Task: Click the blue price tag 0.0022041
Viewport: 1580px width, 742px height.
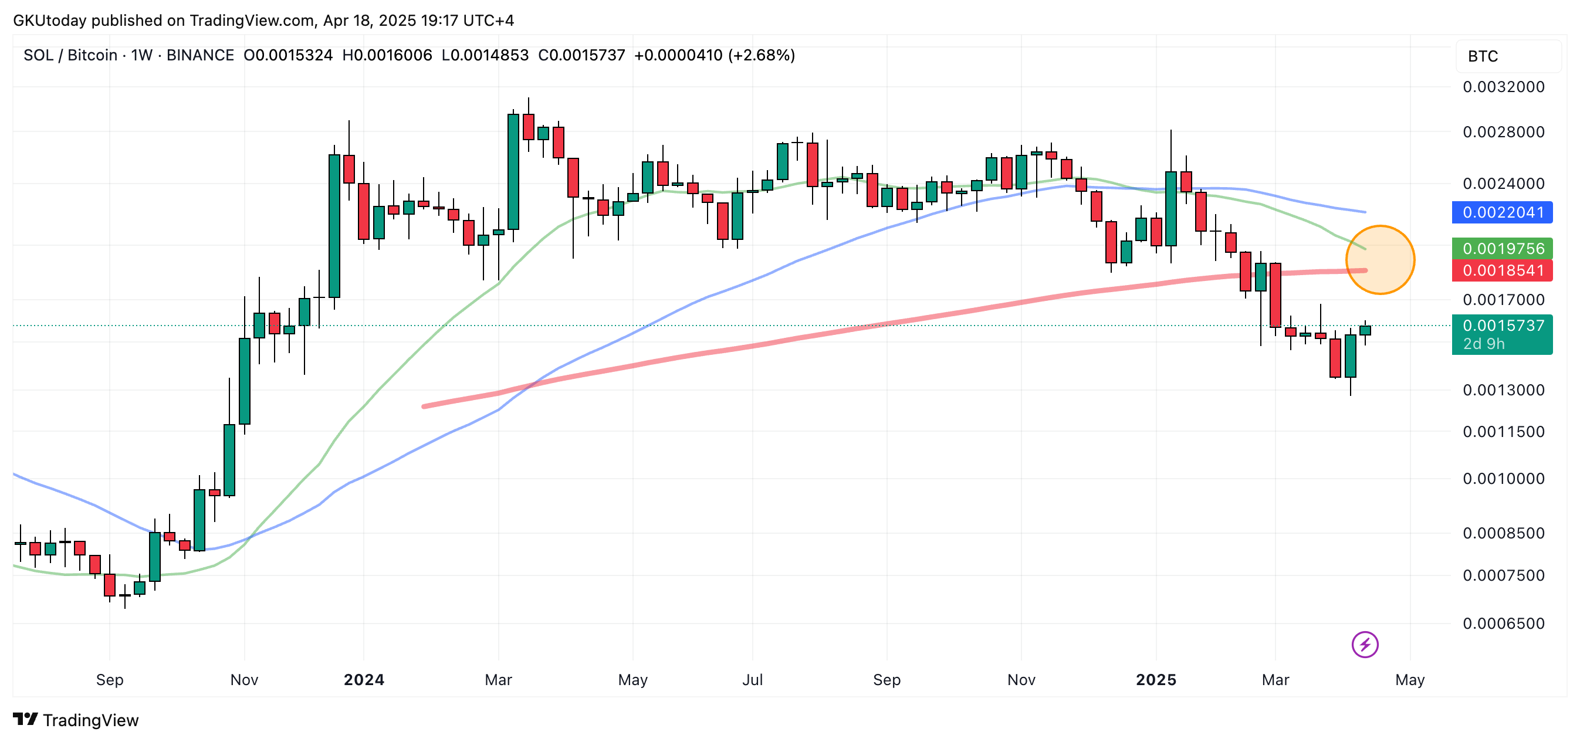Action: click(x=1502, y=212)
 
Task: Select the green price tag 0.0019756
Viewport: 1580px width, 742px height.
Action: click(x=1502, y=248)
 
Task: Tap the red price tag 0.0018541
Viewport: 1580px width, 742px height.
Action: click(x=1502, y=270)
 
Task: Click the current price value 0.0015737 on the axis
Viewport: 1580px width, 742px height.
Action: click(x=1502, y=326)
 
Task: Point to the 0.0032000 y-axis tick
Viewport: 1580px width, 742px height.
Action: click(x=1503, y=87)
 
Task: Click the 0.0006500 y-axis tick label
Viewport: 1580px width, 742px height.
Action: click(x=1503, y=624)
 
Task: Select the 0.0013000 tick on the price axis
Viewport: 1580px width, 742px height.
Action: click(x=1503, y=390)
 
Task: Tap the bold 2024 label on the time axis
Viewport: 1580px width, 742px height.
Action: click(x=364, y=679)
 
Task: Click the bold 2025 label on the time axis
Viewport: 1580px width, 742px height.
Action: click(x=1156, y=679)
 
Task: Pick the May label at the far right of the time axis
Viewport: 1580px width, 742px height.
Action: click(x=1409, y=679)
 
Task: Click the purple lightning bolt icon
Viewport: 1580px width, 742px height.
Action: click(x=1365, y=645)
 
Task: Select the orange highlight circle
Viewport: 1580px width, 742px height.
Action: click(x=1380, y=260)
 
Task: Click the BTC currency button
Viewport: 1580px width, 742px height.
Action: click(x=1483, y=56)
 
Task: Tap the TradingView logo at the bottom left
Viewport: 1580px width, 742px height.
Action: click(x=76, y=720)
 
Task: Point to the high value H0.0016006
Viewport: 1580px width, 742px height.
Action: click(x=387, y=55)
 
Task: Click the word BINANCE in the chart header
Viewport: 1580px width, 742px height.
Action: click(x=200, y=55)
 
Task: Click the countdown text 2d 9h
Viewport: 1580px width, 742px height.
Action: click(x=1484, y=344)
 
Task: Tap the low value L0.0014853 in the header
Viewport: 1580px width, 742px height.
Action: click(x=485, y=55)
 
